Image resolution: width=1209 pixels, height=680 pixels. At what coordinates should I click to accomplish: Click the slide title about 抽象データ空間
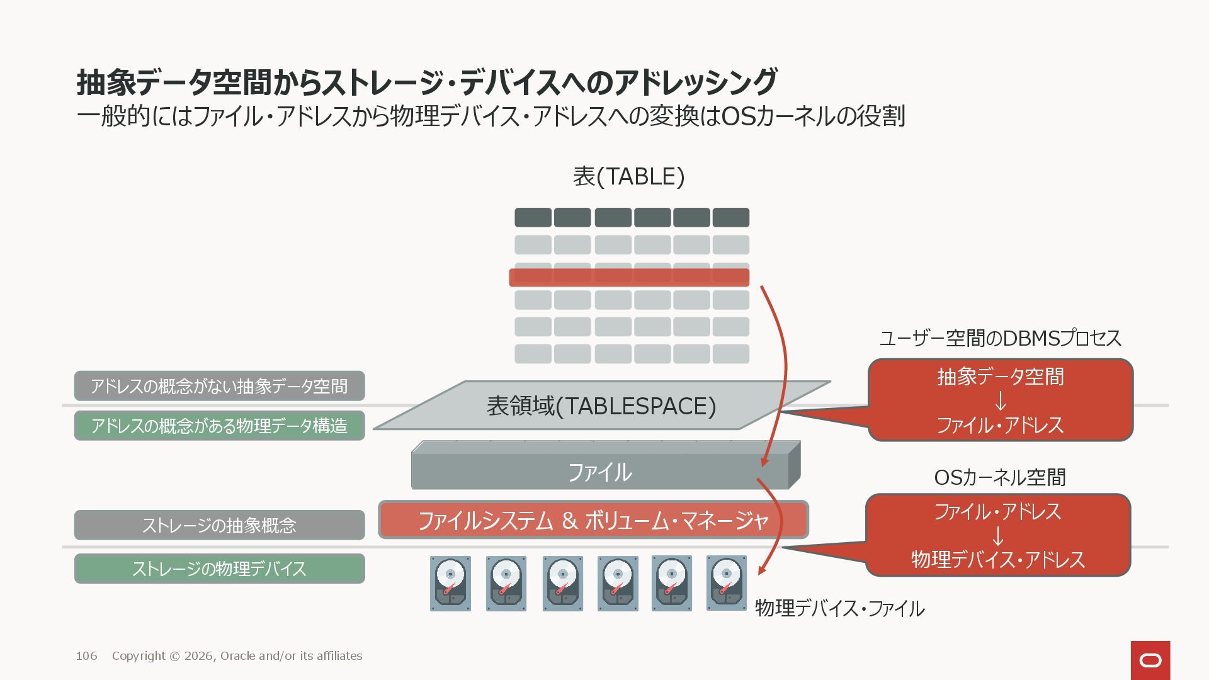click(x=427, y=82)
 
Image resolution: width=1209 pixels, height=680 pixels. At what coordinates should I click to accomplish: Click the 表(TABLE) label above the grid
click(x=628, y=177)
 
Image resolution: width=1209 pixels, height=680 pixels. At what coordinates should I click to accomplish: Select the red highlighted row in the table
click(x=628, y=277)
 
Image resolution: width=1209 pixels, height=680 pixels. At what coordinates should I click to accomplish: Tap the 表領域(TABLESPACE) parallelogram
click(x=601, y=406)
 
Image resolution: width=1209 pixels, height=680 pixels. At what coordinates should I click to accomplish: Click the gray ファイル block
click(x=599, y=472)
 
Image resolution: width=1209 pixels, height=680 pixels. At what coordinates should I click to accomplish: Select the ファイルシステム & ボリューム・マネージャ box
click(x=593, y=520)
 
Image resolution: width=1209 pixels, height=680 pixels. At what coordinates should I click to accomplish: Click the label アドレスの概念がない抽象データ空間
click(x=219, y=386)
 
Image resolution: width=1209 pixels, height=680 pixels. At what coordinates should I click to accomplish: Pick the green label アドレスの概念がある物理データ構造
click(x=219, y=426)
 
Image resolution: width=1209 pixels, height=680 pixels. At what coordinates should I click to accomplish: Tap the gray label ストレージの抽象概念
click(x=219, y=525)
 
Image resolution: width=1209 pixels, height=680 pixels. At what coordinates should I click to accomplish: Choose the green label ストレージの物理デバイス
click(x=219, y=569)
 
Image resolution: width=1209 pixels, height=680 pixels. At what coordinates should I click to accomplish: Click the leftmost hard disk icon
click(x=450, y=583)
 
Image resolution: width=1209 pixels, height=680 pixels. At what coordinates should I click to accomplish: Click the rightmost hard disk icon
click(x=726, y=583)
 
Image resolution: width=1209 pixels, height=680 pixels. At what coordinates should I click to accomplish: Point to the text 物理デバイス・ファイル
click(x=839, y=608)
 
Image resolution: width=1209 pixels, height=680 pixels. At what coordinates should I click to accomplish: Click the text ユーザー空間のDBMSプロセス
click(x=1000, y=339)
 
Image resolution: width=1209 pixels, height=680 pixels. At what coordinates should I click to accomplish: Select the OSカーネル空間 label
click(x=999, y=477)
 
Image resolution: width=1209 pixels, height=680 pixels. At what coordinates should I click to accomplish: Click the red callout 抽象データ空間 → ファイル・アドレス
click(x=1000, y=400)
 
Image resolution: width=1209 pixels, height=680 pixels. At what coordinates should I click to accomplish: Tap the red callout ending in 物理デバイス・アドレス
click(x=998, y=535)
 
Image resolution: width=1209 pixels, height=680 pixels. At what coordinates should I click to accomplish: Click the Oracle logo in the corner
click(x=1150, y=660)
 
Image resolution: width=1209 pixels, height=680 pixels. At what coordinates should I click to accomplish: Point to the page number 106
click(x=86, y=656)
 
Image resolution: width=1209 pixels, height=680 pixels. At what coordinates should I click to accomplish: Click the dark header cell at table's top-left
click(x=533, y=217)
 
